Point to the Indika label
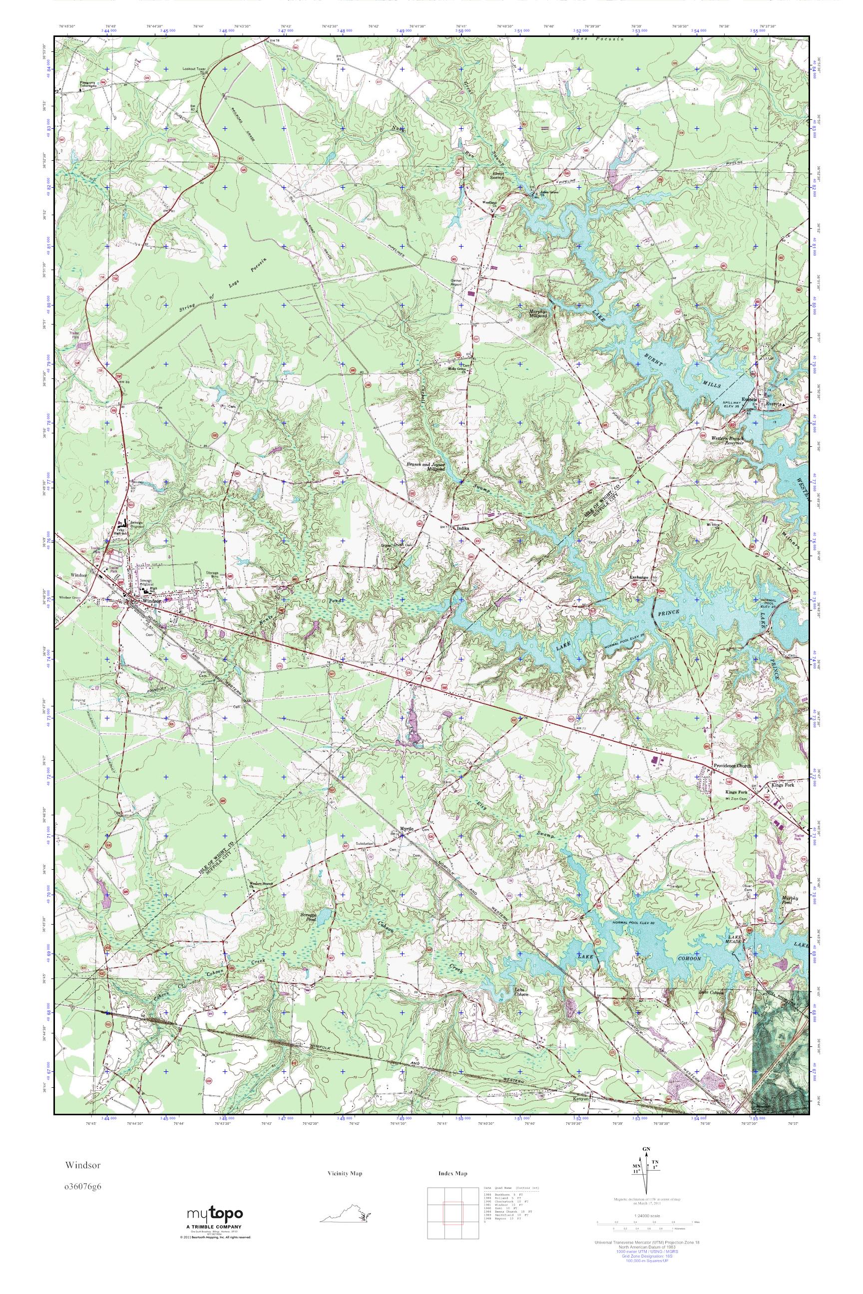coord(462,528)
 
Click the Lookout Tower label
coord(195,69)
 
